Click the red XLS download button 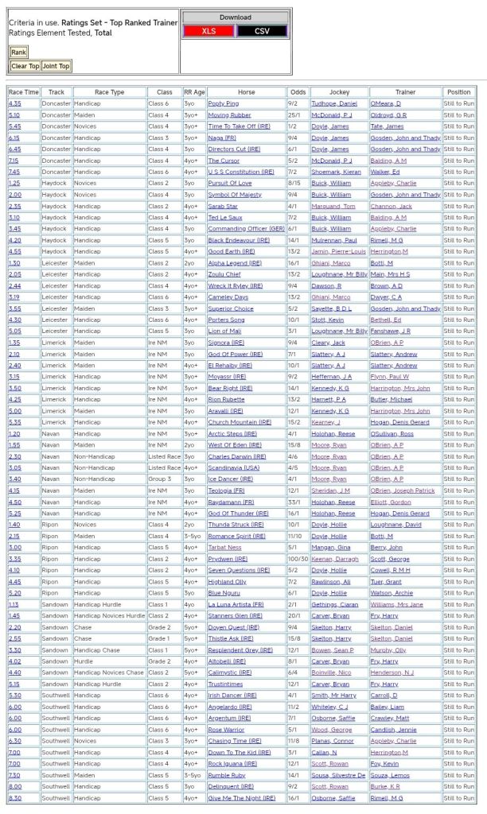(x=208, y=31)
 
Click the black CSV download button (x=262, y=31)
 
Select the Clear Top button (x=25, y=66)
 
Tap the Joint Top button (x=56, y=66)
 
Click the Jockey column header (x=339, y=92)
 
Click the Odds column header (x=298, y=92)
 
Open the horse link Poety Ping (x=224, y=103)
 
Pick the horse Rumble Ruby (x=228, y=775)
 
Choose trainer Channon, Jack (x=392, y=206)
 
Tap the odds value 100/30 (x=298, y=559)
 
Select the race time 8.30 (x=15, y=798)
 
